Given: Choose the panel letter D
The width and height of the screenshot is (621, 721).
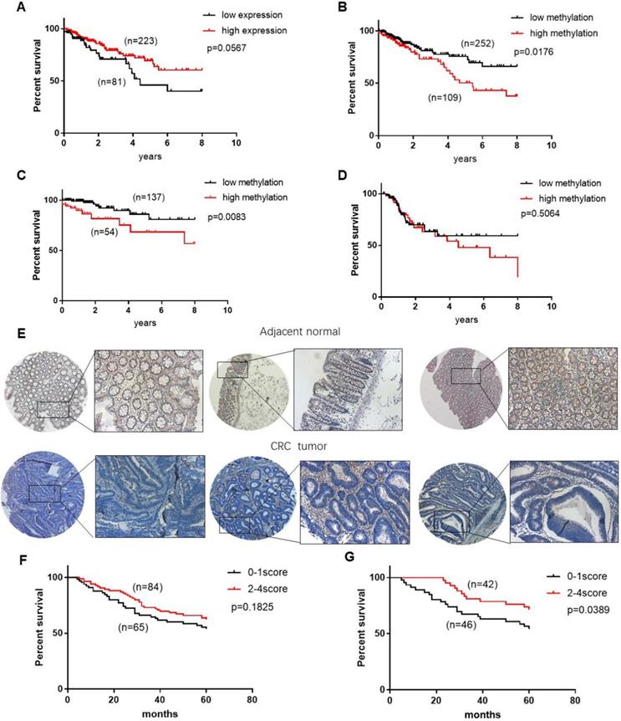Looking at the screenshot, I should click(x=332, y=176).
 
